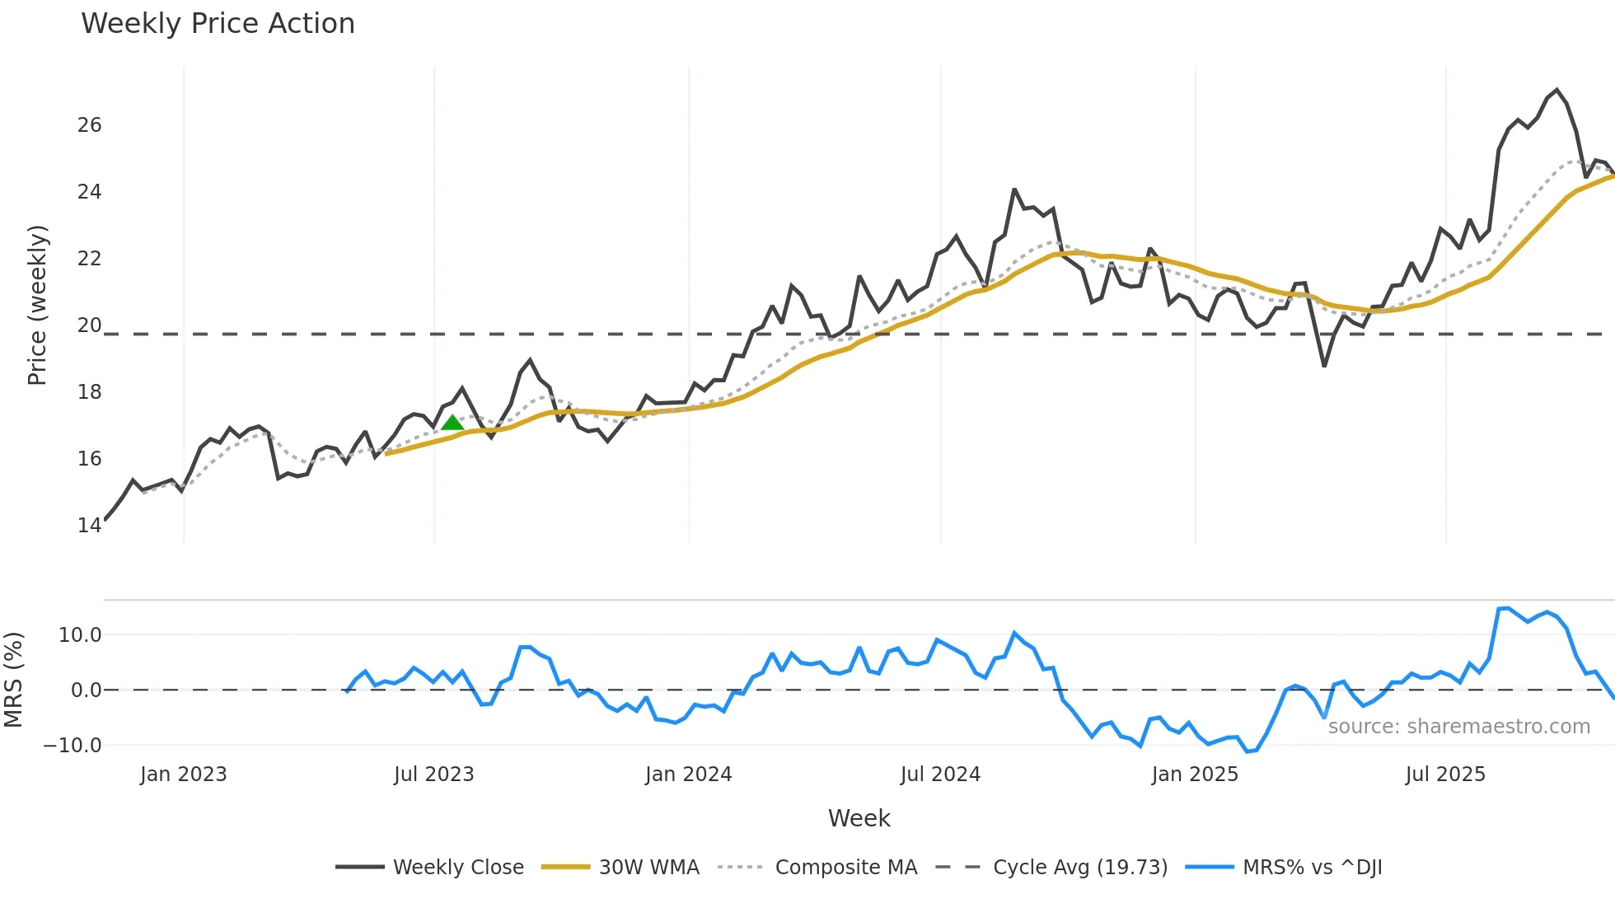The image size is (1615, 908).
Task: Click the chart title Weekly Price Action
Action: [218, 24]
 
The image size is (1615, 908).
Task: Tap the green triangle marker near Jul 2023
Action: [452, 424]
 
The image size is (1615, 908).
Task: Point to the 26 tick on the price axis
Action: [89, 125]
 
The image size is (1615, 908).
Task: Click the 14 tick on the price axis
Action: [89, 526]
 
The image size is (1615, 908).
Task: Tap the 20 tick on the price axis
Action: [89, 325]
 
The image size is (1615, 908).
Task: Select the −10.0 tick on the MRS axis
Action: [73, 746]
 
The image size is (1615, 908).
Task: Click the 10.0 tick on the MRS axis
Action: [80, 635]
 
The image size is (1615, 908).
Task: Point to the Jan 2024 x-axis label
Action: [688, 775]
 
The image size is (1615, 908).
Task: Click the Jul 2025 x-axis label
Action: [1445, 775]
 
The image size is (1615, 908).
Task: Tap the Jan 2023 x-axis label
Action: [183, 775]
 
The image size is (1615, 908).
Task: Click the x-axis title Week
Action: [859, 818]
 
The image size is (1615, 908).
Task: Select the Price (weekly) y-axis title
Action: [37, 305]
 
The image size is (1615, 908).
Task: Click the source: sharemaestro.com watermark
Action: [1458, 727]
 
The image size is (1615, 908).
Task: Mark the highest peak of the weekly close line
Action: [1556, 90]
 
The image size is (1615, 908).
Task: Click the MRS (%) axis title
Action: [14, 680]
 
